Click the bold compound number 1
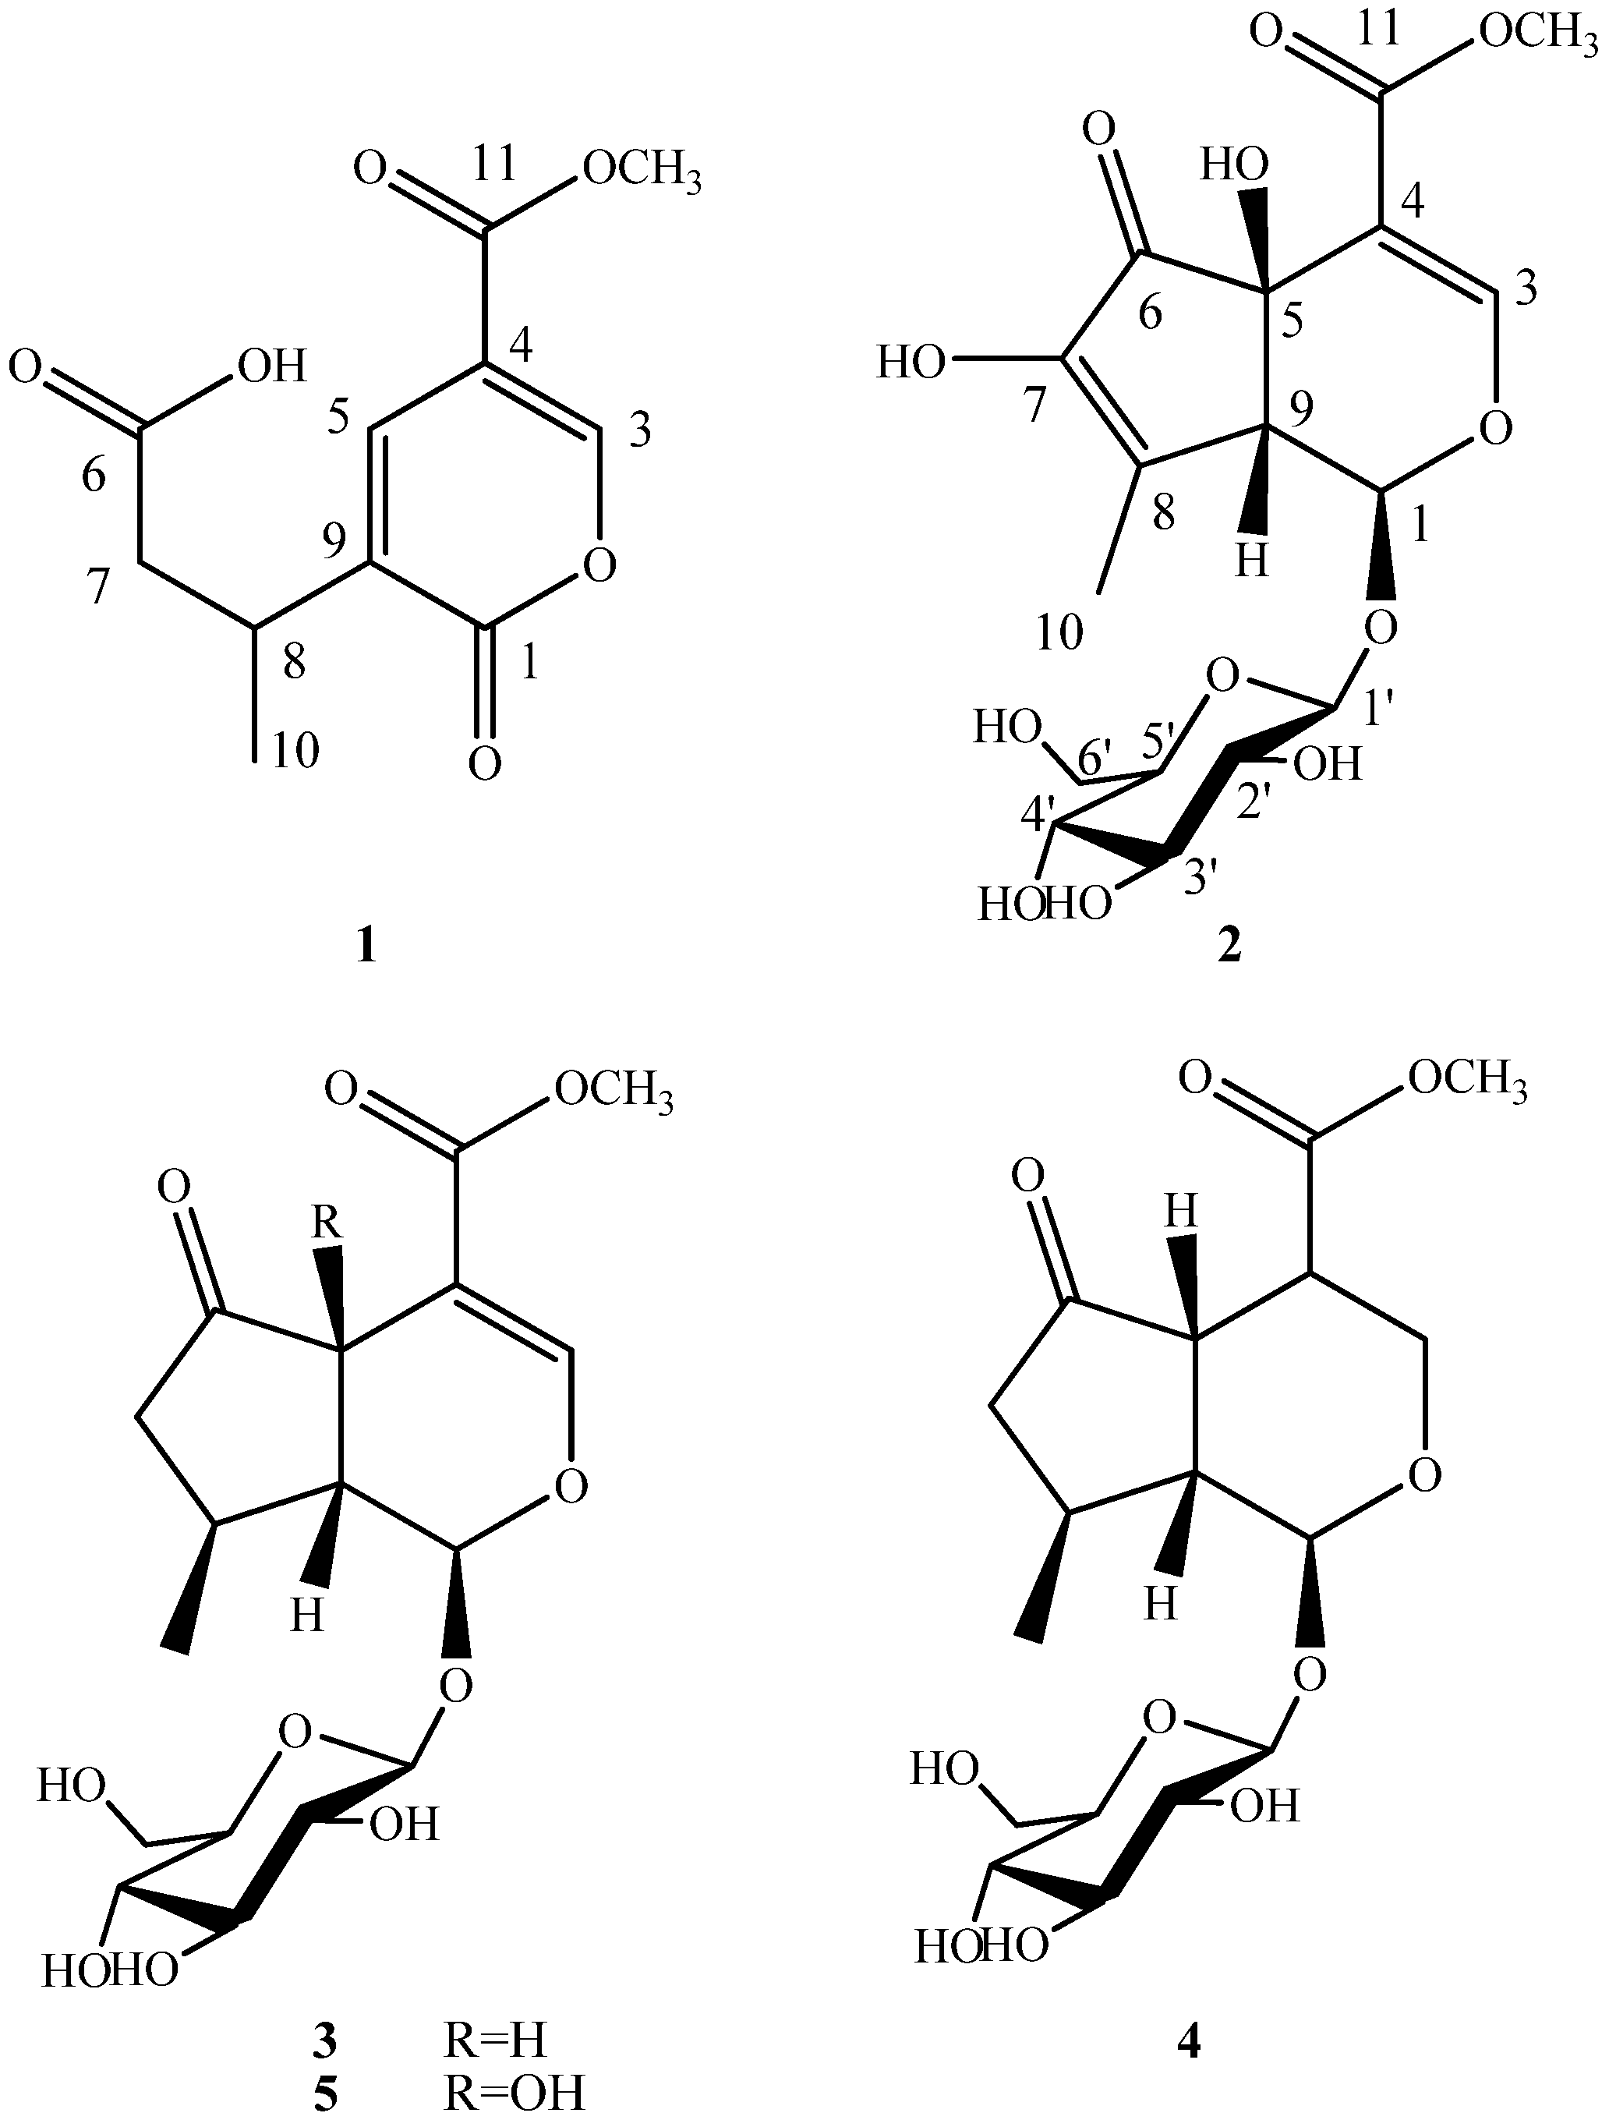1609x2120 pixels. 365,948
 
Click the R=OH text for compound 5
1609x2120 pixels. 514,2093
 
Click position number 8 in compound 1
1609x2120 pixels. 293,661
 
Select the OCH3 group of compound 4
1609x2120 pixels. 1467,1082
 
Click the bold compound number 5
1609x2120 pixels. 326,2094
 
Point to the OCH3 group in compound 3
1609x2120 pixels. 614,1091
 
